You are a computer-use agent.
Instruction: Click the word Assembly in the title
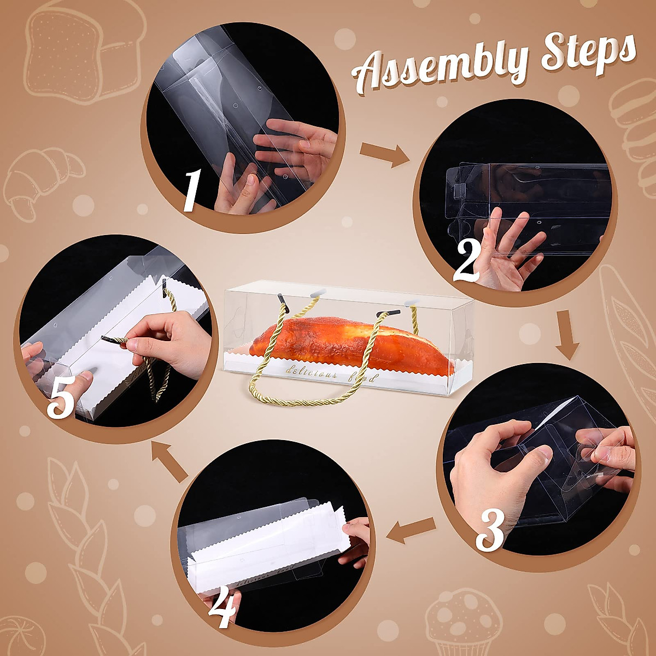[438, 65]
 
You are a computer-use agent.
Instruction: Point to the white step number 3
[490, 535]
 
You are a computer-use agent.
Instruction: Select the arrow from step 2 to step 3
[566, 335]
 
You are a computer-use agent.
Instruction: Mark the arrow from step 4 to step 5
[169, 461]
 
